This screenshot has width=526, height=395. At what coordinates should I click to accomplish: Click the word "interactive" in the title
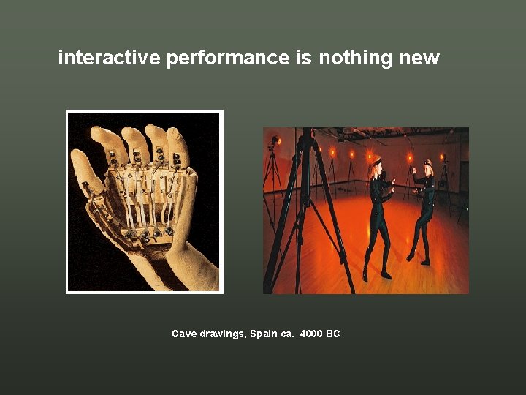click(x=108, y=58)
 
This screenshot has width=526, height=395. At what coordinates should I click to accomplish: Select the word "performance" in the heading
click(x=227, y=59)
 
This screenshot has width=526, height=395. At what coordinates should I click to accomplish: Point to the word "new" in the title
click(x=419, y=59)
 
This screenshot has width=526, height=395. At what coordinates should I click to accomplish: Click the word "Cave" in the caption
click(x=183, y=334)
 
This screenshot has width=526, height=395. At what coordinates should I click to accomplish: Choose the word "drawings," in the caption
click(x=222, y=334)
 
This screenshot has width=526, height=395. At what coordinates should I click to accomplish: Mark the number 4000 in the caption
click(x=311, y=334)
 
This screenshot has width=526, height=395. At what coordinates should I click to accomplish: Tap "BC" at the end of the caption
click(x=333, y=334)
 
